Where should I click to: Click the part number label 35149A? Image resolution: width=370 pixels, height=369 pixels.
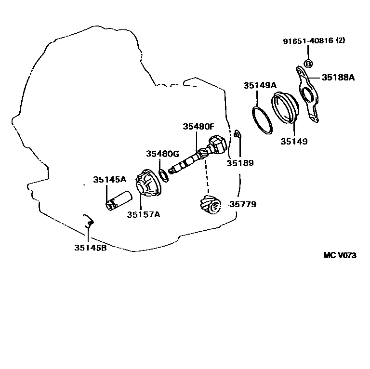point(260,85)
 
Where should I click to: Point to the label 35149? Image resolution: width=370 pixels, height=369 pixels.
point(294,142)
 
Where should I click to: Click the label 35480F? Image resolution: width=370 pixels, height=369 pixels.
point(198,127)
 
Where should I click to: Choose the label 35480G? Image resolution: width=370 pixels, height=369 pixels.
point(163,154)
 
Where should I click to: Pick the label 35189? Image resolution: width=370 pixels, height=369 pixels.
point(239,163)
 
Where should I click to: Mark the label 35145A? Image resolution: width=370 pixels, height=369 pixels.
point(109,179)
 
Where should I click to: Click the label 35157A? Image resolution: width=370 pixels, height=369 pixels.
point(143,214)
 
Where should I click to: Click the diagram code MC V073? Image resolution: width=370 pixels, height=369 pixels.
point(340,255)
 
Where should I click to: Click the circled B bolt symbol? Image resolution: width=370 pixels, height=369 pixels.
point(309,64)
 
